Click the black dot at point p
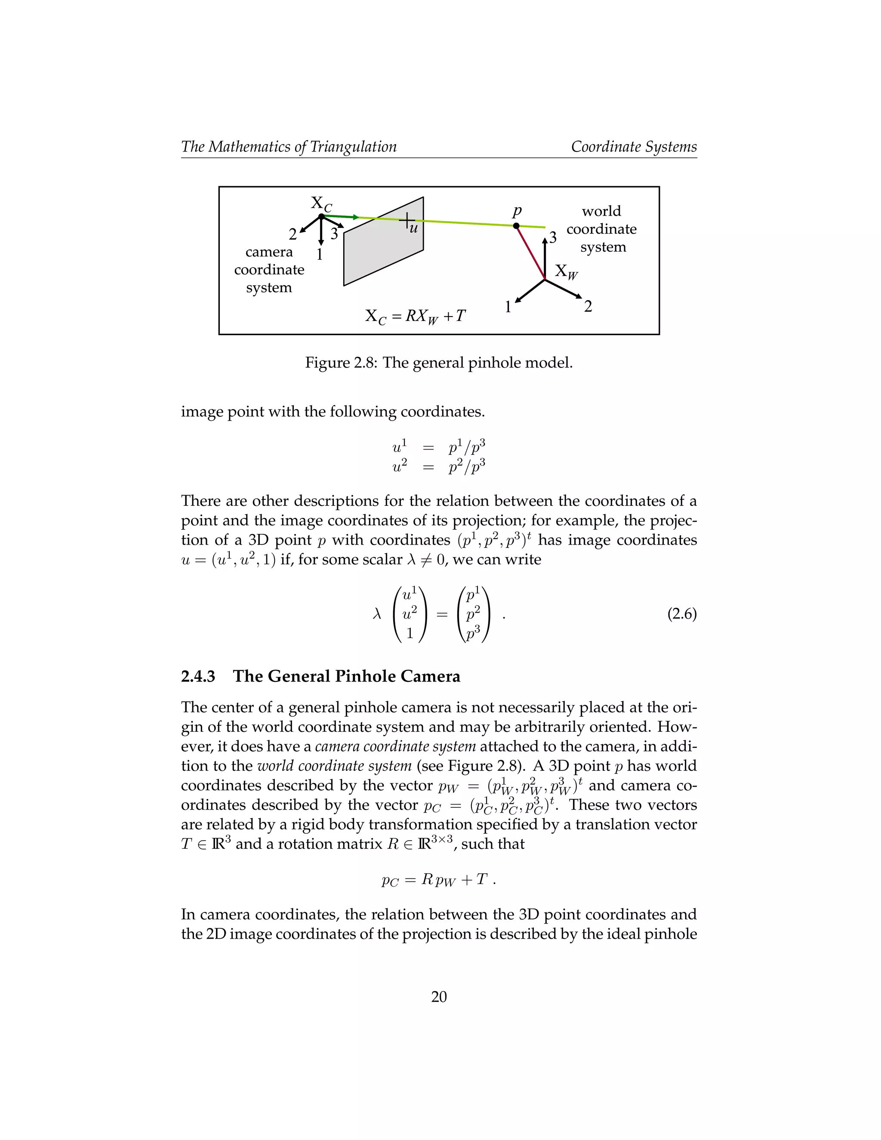click(516, 226)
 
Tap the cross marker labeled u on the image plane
click(407, 221)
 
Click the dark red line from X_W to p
click(530, 253)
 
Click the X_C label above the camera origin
click(321, 204)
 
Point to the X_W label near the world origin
click(566, 271)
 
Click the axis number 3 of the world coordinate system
click(553, 237)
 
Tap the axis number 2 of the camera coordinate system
click(293, 234)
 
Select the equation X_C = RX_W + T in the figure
click(415, 316)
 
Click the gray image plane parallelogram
click(384, 250)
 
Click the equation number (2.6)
click(682, 614)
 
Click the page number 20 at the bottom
click(439, 997)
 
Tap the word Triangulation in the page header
click(353, 147)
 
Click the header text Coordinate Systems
click(634, 147)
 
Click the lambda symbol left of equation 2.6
click(377, 614)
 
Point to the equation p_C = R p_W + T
click(437, 880)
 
